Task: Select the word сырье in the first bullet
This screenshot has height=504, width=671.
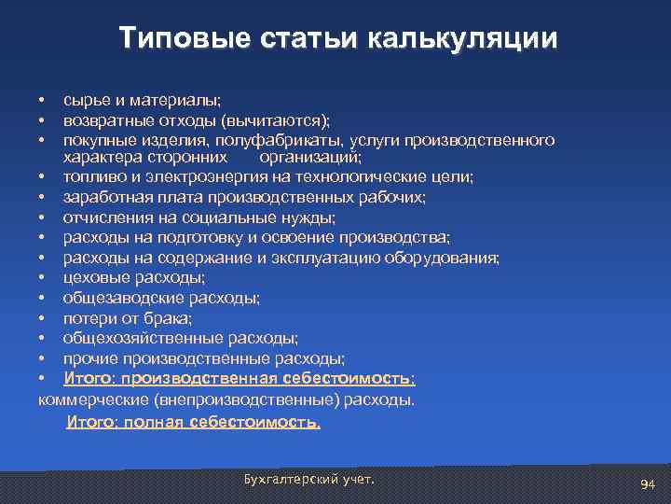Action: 85,100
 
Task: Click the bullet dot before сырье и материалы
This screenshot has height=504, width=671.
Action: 42,100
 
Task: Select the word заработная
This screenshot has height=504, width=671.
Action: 103,197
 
